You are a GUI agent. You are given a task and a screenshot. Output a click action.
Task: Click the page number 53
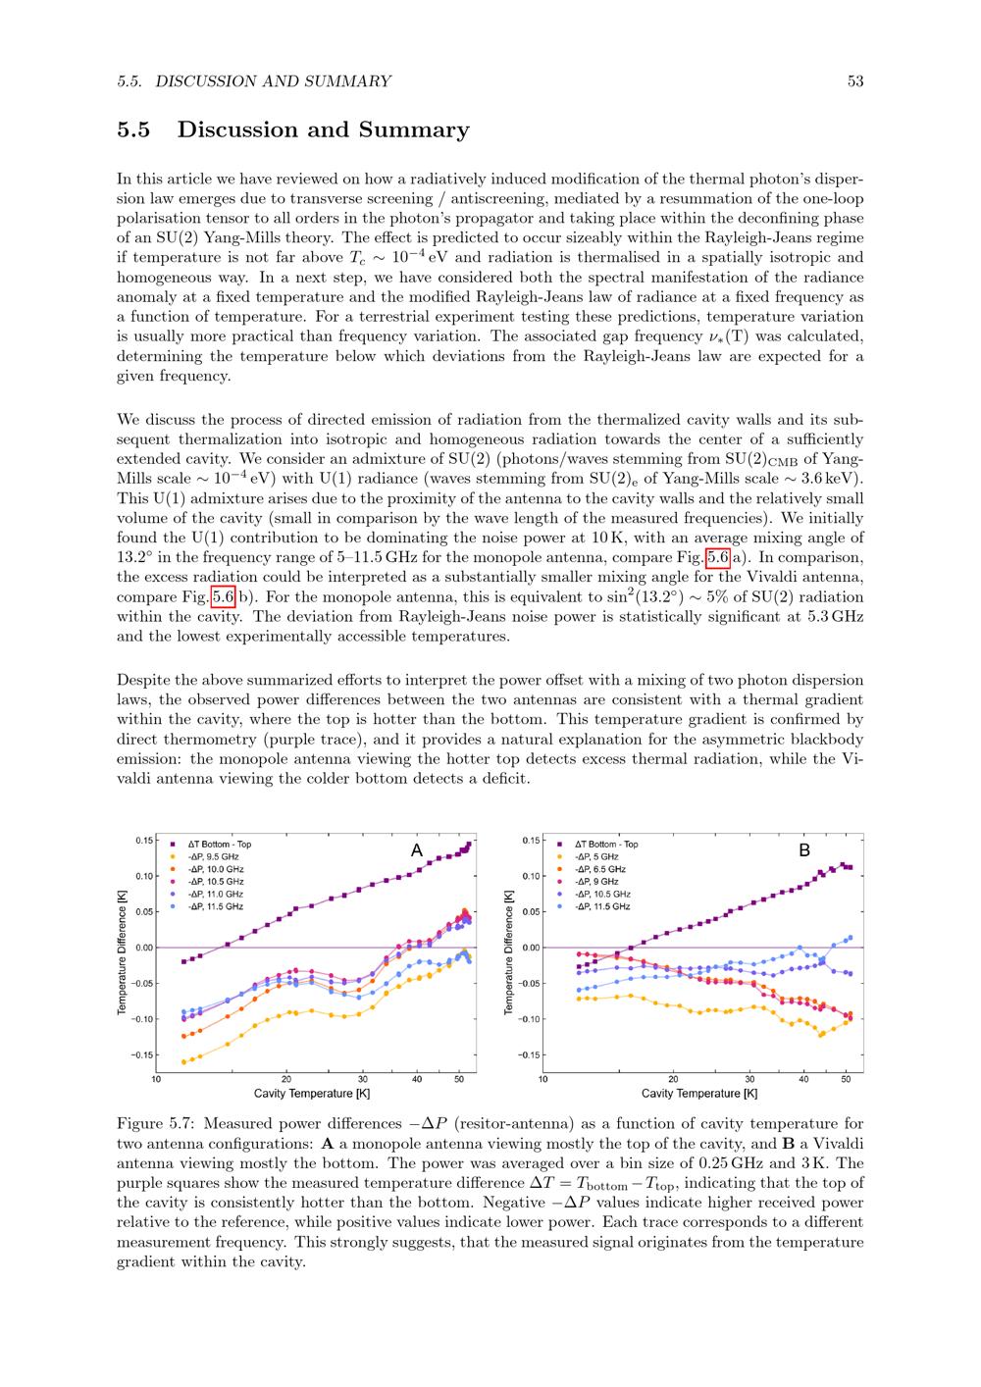click(x=854, y=81)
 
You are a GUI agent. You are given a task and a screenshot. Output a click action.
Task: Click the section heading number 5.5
click(x=133, y=130)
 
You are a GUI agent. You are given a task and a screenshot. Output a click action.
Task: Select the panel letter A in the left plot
click(x=417, y=850)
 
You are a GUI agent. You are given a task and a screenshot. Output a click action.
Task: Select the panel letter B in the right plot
click(x=804, y=850)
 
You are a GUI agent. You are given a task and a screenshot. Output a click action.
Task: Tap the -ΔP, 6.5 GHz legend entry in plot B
click(x=598, y=869)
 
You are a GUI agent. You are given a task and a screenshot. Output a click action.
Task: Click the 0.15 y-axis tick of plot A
click(x=143, y=840)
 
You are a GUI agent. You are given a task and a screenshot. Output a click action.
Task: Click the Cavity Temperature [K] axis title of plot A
click(x=312, y=1093)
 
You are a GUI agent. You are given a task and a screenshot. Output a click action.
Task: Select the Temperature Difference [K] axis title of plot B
click(x=508, y=952)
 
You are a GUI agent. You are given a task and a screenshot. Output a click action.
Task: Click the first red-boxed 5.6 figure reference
click(x=718, y=557)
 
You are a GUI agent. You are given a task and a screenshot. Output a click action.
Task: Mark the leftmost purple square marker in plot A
click(x=183, y=961)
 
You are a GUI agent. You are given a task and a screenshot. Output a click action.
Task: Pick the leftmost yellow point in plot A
click(x=183, y=1061)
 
